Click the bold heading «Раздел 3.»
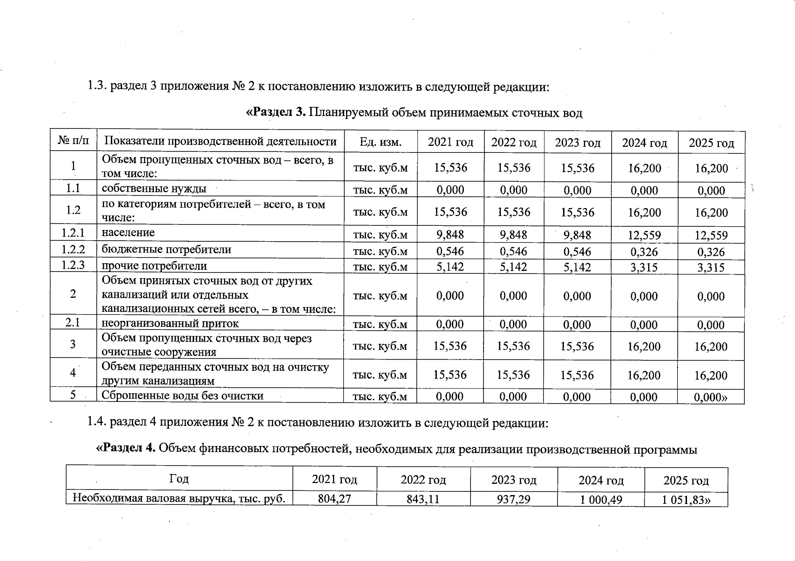point(276,113)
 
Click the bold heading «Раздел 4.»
point(125,449)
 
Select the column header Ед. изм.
point(381,142)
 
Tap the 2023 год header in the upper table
point(578,143)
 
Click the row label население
point(128,233)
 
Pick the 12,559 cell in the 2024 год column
point(644,235)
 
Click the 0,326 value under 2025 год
point(711,252)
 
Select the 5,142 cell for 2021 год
point(450,267)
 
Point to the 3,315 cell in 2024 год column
point(644,267)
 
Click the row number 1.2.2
point(73,250)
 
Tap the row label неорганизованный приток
point(170,324)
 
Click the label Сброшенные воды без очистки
point(182,396)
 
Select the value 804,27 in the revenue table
point(334,499)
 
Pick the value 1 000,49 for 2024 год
point(601,499)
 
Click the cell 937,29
point(513,499)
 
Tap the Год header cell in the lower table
point(179,479)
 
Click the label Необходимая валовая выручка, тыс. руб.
point(179,498)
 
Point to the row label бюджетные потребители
point(166,250)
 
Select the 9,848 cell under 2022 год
point(513,235)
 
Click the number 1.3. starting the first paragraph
point(97,87)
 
